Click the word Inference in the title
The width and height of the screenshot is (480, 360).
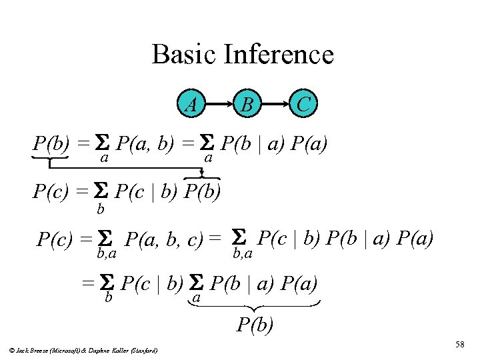279,54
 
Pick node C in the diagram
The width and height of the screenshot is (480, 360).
303,103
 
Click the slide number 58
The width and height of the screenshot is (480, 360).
459,344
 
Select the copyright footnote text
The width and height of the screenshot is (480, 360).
84,349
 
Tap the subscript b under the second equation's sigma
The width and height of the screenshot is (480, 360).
101,210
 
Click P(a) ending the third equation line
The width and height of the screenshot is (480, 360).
415,237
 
